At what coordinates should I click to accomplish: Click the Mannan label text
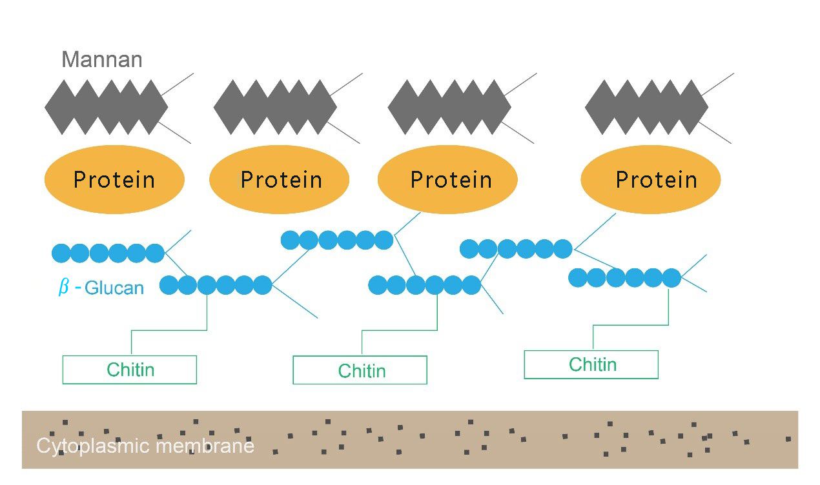click(101, 60)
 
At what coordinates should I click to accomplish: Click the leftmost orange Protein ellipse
click(114, 179)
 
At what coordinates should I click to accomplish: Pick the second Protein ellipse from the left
click(279, 179)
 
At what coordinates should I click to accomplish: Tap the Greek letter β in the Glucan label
click(64, 287)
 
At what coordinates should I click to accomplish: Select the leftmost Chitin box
click(129, 370)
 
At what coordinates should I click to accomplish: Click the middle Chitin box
click(360, 370)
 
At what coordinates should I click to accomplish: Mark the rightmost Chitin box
click(591, 364)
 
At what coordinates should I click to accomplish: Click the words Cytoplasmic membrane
click(145, 446)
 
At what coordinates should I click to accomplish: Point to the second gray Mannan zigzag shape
click(275, 107)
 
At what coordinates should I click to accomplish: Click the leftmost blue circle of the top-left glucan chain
click(61, 253)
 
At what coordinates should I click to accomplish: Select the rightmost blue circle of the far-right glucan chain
click(671, 278)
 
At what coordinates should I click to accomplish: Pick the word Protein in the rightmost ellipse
click(656, 179)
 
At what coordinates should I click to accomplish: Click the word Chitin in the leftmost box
click(130, 370)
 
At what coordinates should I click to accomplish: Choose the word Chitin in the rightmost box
click(593, 364)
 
